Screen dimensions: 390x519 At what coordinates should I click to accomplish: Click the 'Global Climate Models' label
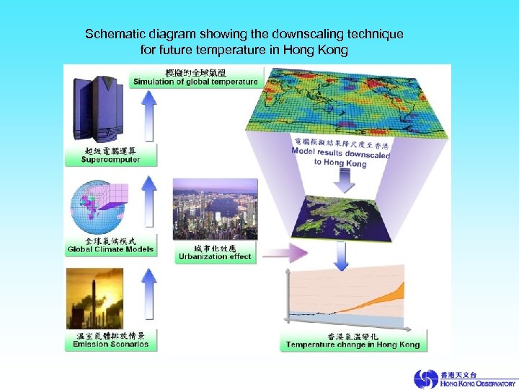[x=110, y=250]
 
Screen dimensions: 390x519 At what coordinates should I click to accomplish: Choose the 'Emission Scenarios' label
[x=110, y=344]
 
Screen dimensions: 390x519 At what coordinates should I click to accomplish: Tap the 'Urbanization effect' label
[x=216, y=256]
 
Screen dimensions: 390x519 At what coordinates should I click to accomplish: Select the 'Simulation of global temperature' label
[x=195, y=82]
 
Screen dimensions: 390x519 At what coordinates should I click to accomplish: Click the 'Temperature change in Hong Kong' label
[x=352, y=344]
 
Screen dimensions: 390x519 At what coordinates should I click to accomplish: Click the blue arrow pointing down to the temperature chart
[x=343, y=253]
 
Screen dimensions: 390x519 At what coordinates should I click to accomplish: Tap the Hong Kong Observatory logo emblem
[x=425, y=378]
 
